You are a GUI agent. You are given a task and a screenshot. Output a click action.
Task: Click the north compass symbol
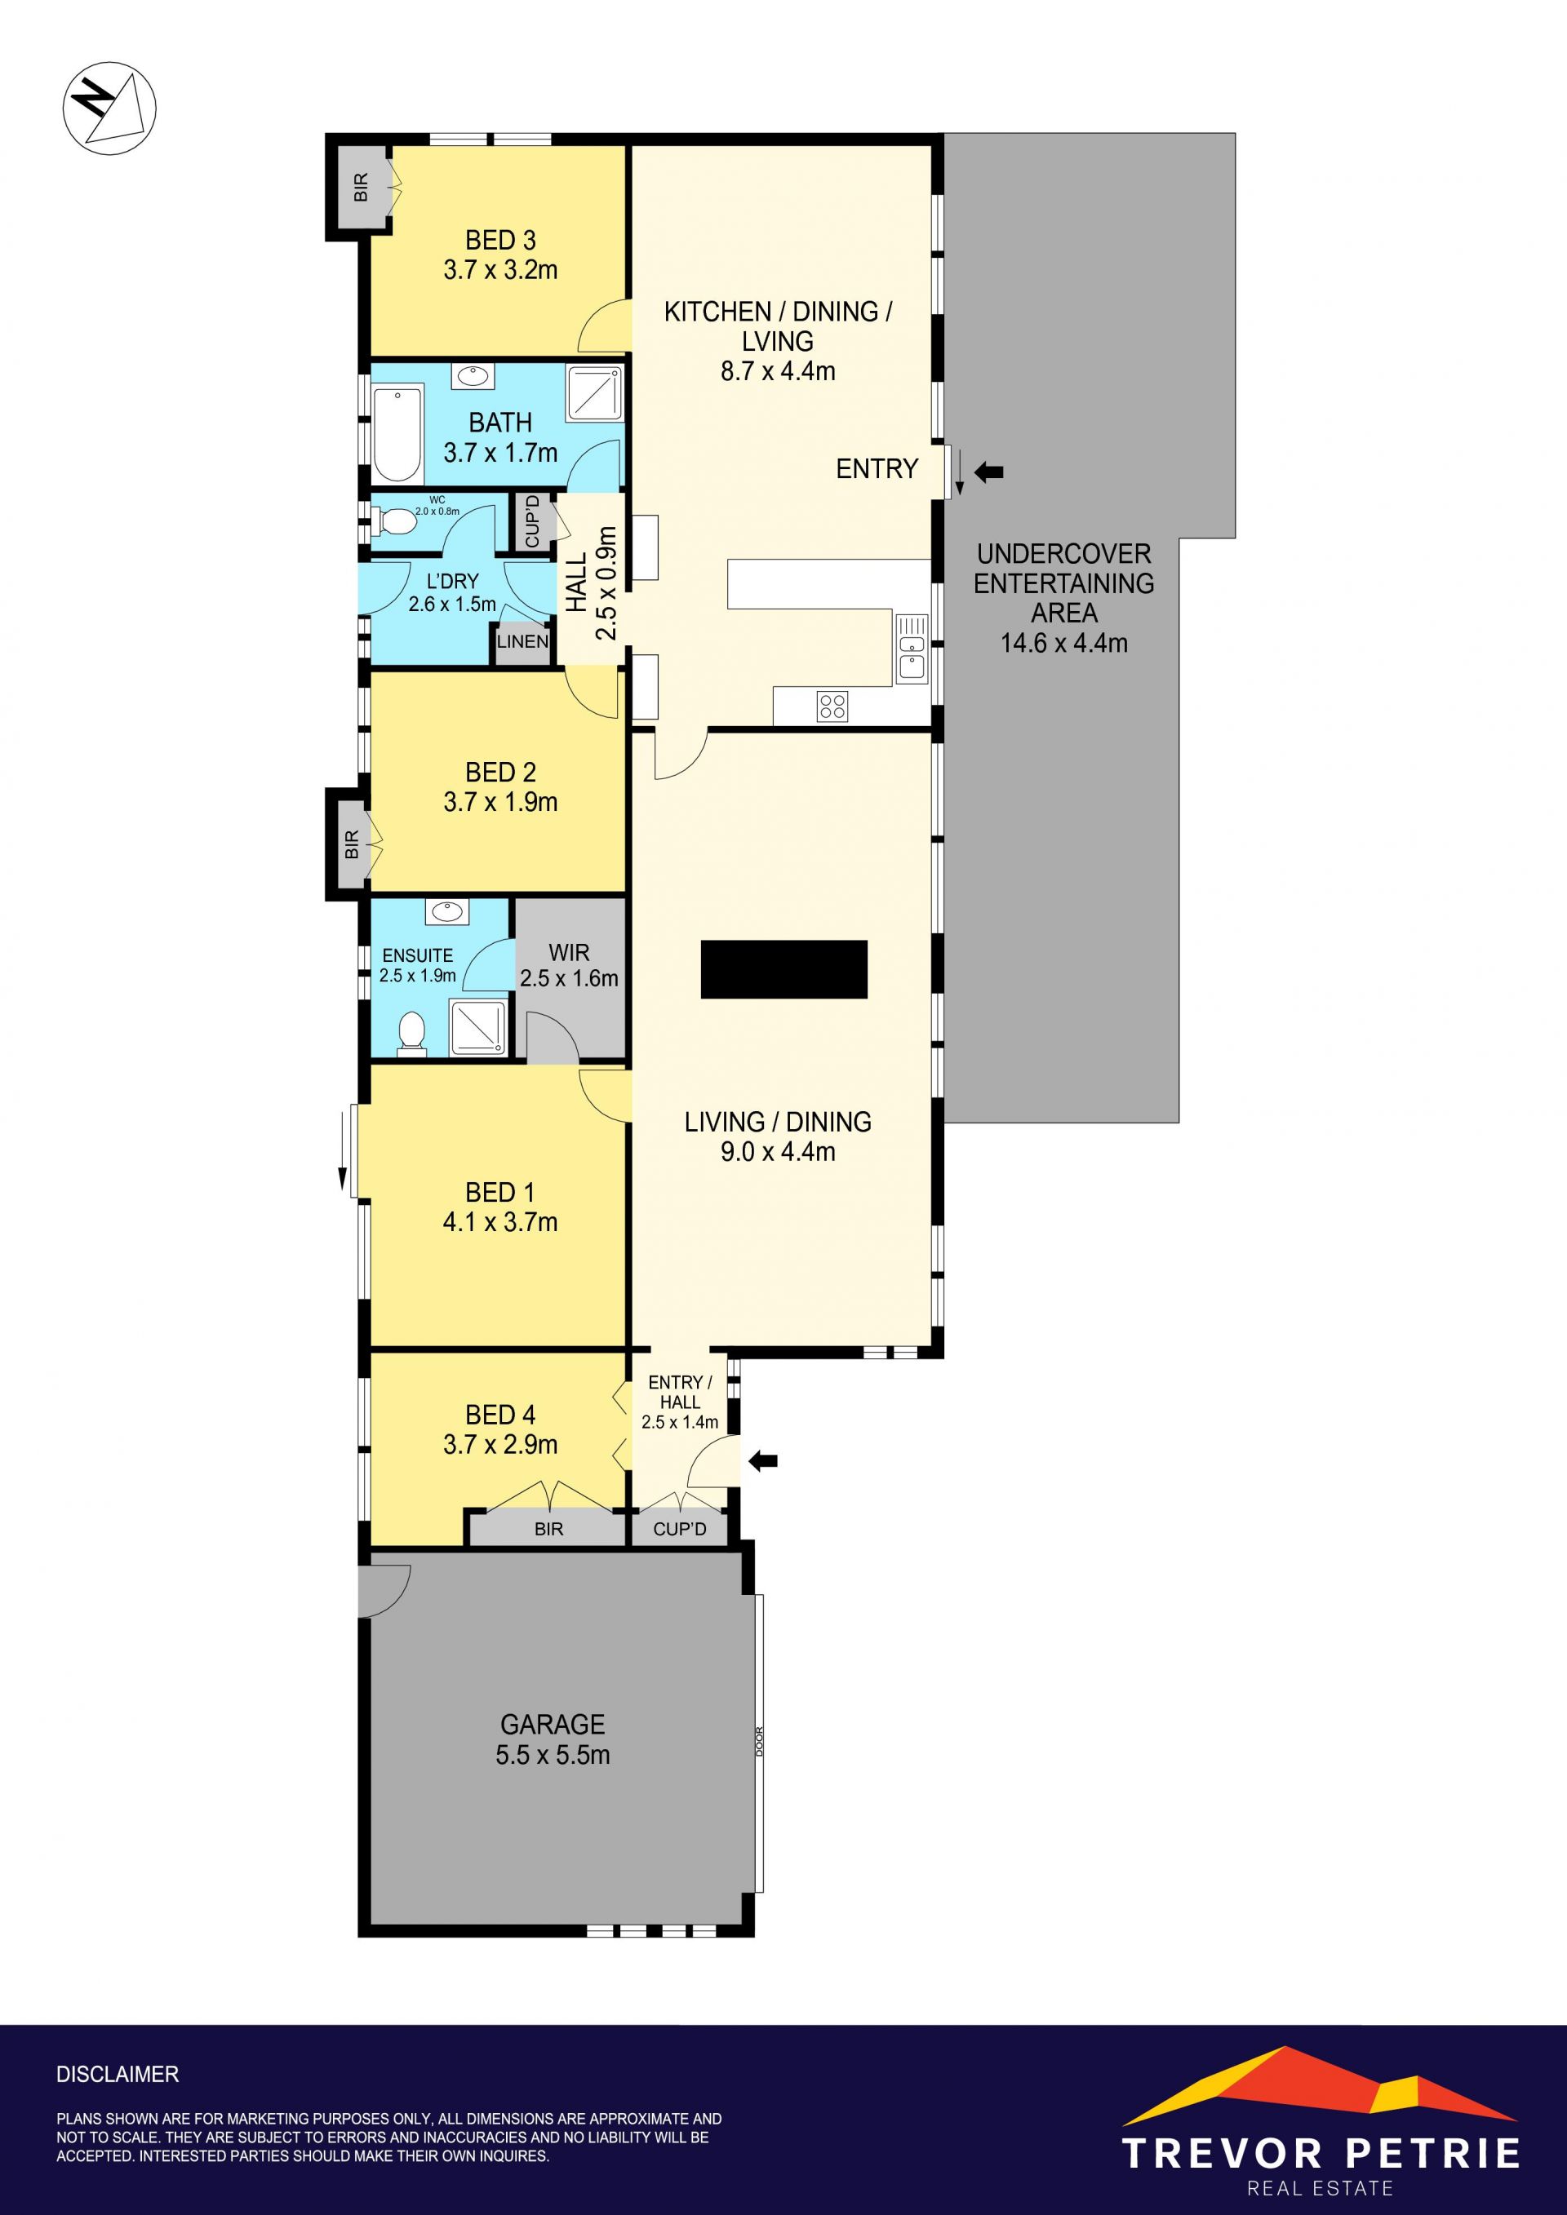(109, 108)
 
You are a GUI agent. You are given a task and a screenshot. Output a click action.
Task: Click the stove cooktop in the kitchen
(832, 707)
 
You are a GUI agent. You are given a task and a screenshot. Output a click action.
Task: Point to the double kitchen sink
(912, 649)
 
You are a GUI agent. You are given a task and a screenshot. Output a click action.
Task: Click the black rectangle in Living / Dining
(783, 968)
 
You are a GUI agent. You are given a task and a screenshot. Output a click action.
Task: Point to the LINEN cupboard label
(522, 641)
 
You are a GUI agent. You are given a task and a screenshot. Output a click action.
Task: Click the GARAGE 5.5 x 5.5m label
(553, 1739)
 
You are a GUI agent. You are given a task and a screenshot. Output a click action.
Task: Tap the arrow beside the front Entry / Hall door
(763, 1461)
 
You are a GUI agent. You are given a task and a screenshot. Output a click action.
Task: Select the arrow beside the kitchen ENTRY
(989, 472)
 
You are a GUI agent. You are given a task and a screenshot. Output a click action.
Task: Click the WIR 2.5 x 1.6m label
(570, 964)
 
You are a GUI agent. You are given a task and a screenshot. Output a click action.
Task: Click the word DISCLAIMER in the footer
(118, 2074)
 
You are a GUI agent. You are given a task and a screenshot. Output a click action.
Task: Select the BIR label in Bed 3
(361, 187)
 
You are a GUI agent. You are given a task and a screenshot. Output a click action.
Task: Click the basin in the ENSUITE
(446, 910)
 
